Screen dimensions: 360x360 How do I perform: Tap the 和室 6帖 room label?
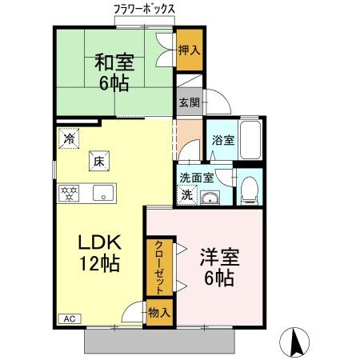[x=114, y=72]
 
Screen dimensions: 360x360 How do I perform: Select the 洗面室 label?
[x=195, y=178]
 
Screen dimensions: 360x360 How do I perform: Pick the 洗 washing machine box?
[x=186, y=194]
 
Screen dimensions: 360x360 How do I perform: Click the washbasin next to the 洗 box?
[x=211, y=198]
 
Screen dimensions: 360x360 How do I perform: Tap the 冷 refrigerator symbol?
[x=68, y=138]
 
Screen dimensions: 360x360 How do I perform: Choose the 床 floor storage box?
[x=99, y=162]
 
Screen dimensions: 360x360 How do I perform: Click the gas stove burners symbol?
[x=69, y=193]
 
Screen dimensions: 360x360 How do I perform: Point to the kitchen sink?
[x=102, y=193]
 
